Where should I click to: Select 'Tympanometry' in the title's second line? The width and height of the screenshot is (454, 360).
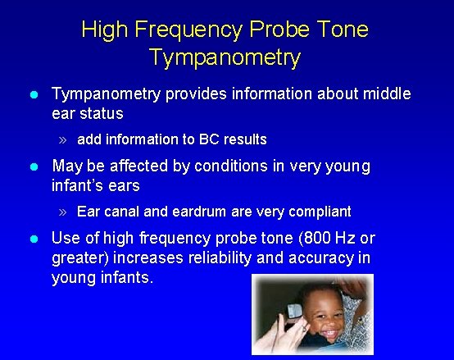click(x=225, y=58)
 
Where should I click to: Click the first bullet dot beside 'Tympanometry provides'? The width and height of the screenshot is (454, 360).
click(x=33, y=95)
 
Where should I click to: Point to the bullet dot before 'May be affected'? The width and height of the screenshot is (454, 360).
click(x=33, y=166)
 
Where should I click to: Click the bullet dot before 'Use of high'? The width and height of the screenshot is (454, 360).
click(x=33, y=239)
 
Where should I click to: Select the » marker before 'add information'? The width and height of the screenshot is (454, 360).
click(x=64, y=139)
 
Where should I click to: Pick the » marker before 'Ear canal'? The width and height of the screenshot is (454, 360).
click(x=64, y=212)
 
